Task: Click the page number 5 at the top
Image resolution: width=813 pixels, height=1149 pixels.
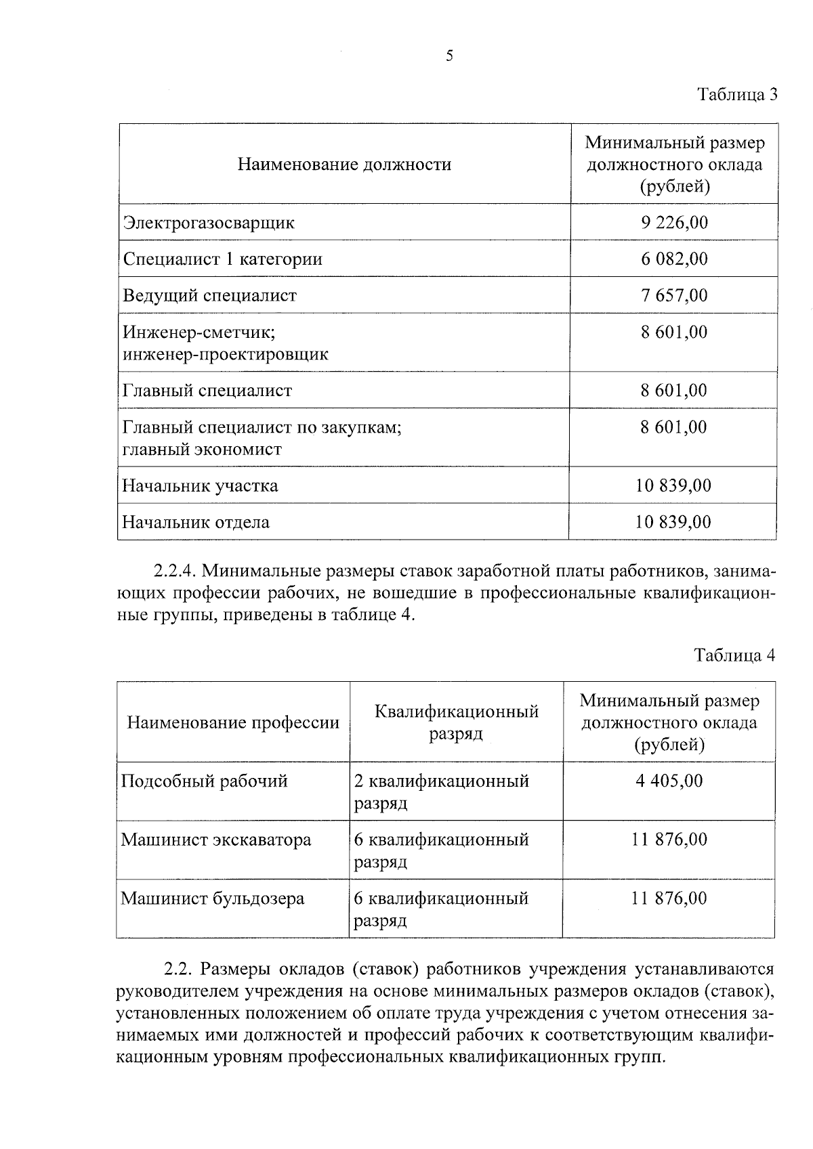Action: pos(449,56)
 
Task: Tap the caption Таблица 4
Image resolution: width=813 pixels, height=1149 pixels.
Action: pos(734,655)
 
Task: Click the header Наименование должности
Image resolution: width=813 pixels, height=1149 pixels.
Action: pos(344,165)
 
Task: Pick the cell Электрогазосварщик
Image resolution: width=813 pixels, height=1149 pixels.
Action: pos(209,222)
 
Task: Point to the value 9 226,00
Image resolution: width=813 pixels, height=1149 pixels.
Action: pos(674,222)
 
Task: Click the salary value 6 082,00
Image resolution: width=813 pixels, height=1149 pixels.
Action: pos(674,259)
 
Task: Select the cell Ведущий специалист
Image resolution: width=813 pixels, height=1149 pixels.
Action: pos(210,295)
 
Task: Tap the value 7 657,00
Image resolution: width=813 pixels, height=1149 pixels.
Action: pos(674,295)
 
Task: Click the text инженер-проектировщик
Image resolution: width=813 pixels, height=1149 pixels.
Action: pos(226,354)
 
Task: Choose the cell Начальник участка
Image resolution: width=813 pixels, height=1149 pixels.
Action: pos(200,485)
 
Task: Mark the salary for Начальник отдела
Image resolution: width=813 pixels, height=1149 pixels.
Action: pos(673,522)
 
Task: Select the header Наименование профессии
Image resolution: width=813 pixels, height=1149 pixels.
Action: pos(233,722)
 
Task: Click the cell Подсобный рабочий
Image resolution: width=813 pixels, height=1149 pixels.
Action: pos(205,781)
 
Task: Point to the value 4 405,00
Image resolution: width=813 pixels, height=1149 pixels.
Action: pos(669,781)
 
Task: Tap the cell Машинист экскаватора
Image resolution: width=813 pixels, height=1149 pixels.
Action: pos(216,840)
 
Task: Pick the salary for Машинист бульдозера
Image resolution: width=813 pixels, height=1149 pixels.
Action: pos(669,898)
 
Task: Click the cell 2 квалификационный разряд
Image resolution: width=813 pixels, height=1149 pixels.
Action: pos(441,792)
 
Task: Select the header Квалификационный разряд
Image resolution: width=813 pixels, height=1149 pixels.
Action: pos(456,722)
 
